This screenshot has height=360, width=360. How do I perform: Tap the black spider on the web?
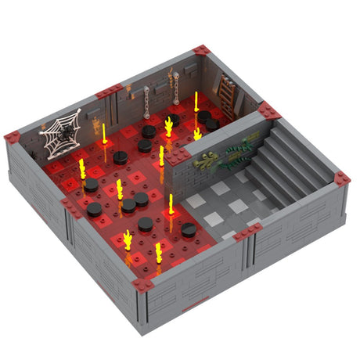point(67,131)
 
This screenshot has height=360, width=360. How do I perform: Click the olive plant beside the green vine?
point(205,160)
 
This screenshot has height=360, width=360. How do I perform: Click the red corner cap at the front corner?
point(143,285)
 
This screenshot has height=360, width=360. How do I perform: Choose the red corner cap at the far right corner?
point(340,179)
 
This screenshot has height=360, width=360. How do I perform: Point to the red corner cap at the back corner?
point(202,51)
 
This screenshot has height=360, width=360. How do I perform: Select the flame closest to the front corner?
point(158,252)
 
